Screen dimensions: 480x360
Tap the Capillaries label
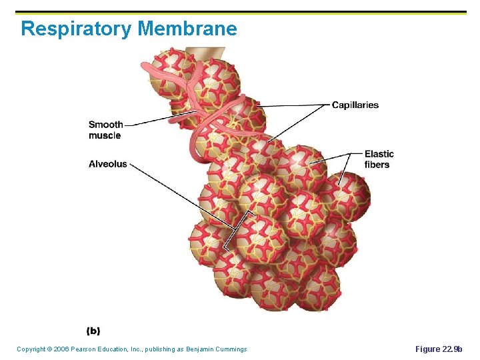[355, 105]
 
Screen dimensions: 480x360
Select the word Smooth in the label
[105, 124]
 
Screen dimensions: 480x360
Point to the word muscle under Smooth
[105, 135]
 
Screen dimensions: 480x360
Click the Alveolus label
[107, 164]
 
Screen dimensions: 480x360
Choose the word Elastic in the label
[379, 154]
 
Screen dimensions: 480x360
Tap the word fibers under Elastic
[377, 165]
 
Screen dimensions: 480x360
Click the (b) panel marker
[93, 331]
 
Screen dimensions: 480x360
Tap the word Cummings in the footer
[231, 349]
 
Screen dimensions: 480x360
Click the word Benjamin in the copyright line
[197, 349]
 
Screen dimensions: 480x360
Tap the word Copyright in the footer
[31, 349]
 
